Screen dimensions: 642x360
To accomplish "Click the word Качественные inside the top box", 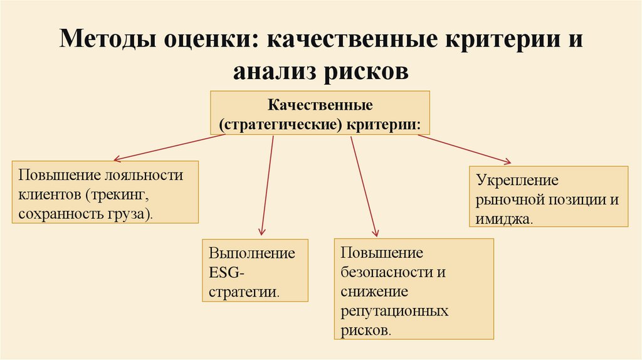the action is coord(320,103).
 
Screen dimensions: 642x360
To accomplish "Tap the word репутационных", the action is coord(394,311).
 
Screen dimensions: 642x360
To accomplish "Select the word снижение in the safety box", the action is coord(374,292).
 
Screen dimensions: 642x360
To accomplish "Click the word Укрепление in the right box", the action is coord(517,181).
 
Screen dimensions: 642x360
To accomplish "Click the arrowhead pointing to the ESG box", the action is coord(261,231).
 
